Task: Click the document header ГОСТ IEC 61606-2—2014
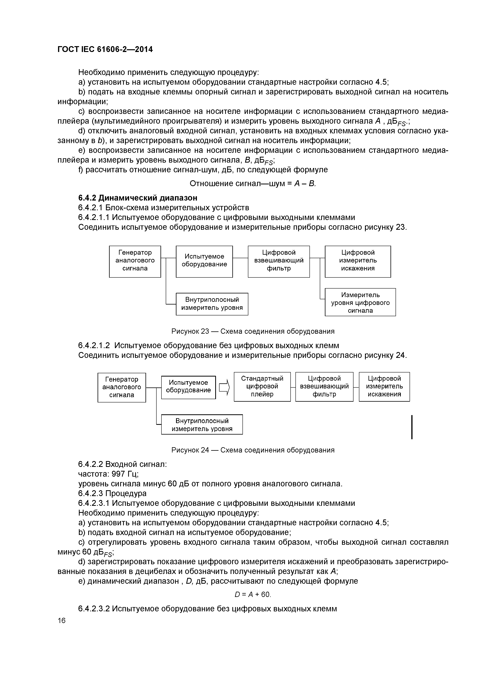[105, 49]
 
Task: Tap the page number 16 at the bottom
[62, 620]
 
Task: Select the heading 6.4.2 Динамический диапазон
[137, 198]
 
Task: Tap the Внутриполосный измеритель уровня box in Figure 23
[212, 304]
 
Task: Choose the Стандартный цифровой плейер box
[262, 387]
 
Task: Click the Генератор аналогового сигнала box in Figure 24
[122, 387]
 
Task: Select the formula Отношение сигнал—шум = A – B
[253, 184]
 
